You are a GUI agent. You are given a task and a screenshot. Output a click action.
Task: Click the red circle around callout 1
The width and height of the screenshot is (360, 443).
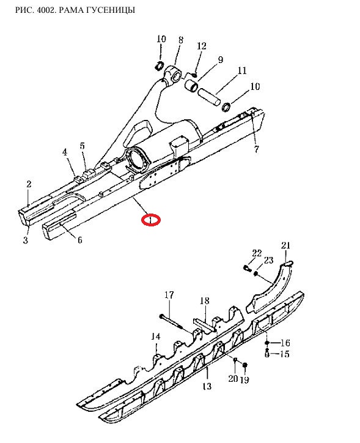[x=151, y=220]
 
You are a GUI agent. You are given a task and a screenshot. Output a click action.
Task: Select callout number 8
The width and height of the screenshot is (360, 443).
[x=180, y=40]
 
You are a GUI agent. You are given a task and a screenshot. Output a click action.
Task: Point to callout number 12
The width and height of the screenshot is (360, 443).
[x=202, y=46]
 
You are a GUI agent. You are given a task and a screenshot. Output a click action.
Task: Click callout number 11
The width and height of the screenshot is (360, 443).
[x=242, y=70]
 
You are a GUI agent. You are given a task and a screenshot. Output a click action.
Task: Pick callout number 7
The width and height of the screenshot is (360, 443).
[x=256, y=149]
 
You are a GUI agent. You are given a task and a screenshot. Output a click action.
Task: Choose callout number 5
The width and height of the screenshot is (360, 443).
[x=82, y=146]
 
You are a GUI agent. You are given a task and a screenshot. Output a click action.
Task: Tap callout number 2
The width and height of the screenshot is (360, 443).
[x=29, y=184]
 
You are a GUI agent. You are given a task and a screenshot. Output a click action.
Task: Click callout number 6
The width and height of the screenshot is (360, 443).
[x=80, y=240]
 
